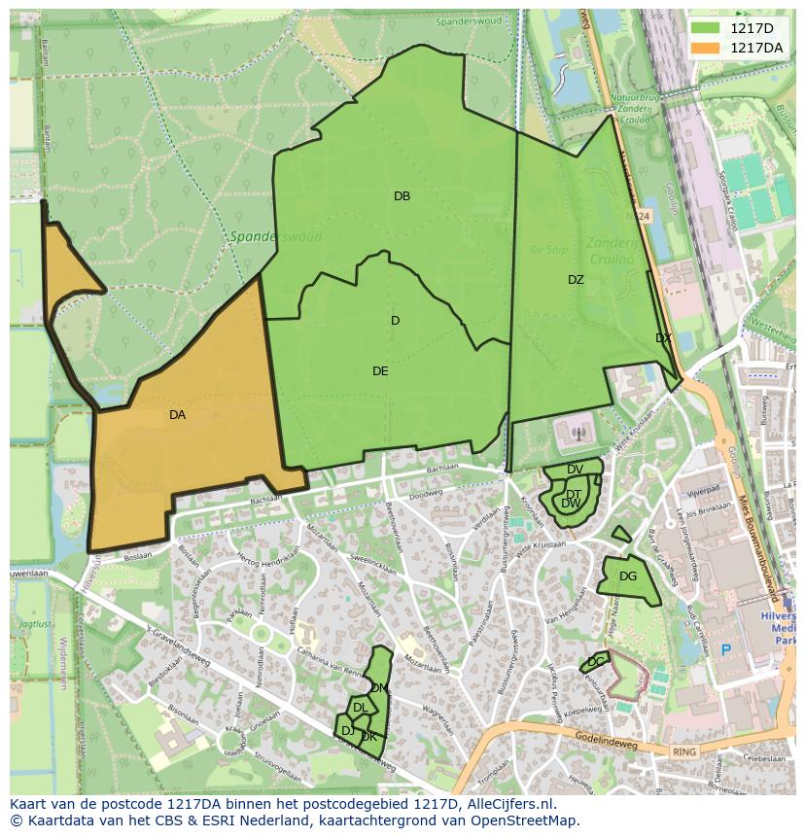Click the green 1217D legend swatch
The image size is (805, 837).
(x=707, y=29)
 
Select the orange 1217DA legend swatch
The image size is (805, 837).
(x=707, y=47)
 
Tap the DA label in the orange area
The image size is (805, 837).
(x=177, y=415)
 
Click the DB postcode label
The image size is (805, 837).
(x=402, y=196)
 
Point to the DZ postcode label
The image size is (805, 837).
(x=576, y=280)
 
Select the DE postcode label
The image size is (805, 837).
(x=380, y=371)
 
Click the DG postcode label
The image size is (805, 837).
(x=628, y=576)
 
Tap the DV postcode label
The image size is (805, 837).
(x=575, y=470)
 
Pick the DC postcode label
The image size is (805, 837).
(x=595, y=662)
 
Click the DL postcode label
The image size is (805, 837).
(x=360, y=709)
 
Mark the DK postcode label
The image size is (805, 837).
(x=368, y=737)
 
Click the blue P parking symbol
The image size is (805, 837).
(x=725, y=649)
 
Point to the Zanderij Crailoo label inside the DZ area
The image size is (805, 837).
(x=610, y=253)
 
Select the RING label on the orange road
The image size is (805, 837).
(x=684, y=752)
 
